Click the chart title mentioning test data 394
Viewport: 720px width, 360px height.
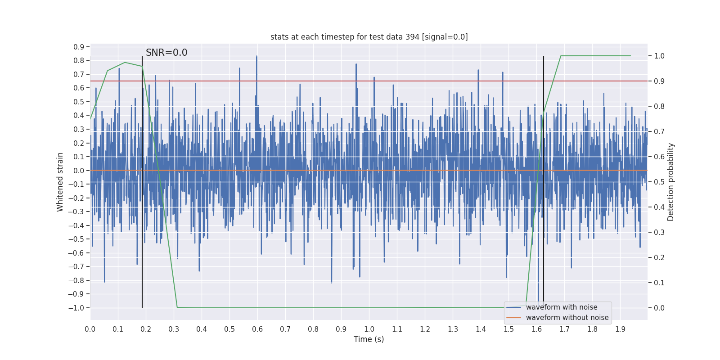tap(369, 37)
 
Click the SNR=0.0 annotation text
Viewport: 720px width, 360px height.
tap(166, 53)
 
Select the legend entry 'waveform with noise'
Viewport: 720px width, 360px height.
tap(562, 307)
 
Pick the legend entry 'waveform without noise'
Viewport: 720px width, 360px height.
tap(567, 318)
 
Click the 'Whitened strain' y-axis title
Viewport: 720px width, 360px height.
tap(60, 182)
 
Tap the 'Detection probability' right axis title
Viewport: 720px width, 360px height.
tap(671, 182)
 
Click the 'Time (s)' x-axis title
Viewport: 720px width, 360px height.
tap(369, 339)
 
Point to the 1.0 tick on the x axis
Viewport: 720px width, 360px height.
tap(369, 329)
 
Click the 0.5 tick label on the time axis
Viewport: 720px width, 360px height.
tap(229, 329)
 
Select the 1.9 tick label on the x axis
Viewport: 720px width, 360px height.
tap(620, 329)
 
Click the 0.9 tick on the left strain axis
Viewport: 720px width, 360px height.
tap(79, 47)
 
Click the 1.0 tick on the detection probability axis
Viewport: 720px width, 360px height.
tap(659, 56)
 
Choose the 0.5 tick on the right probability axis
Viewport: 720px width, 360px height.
tap(659, 182)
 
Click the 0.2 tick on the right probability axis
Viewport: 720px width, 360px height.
tap(659, 257)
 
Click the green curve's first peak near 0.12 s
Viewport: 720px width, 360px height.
tap(125, 63)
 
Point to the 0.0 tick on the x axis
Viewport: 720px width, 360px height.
tap(90, 329)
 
